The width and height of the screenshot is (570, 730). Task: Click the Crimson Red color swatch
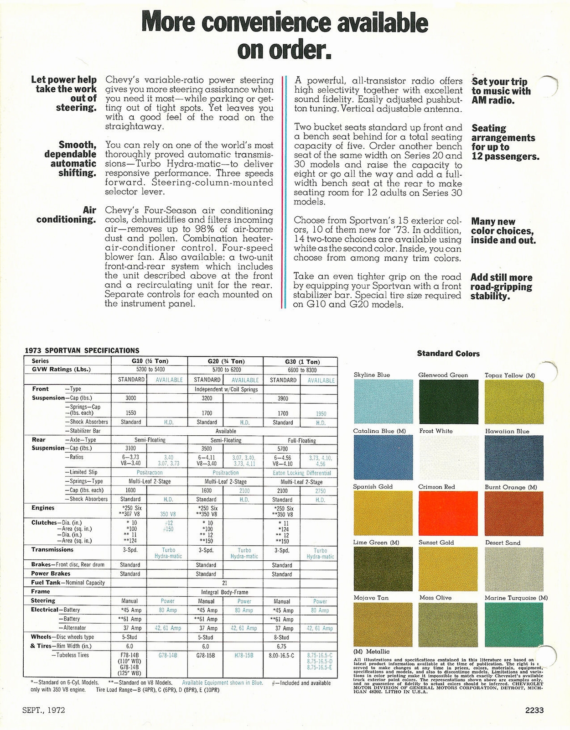[x=449, y=513]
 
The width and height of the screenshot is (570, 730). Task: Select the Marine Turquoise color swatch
[x=514, y=625]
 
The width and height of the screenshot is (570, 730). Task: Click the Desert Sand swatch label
[x=503, y=542]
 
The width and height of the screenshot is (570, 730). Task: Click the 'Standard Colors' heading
[x=448, y=354]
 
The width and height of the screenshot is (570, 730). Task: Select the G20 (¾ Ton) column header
[x=226, y=361]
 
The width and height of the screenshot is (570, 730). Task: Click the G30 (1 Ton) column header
[x=301, y=361]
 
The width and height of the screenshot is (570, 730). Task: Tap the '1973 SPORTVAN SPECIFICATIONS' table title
[x=82, y=350]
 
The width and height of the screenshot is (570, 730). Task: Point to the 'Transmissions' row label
[x=52, y=550]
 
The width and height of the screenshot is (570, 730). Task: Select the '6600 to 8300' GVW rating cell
[x=301, y=370]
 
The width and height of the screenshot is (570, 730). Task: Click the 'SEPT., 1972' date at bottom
[x=44, y=710]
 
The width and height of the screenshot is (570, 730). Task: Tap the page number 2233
[x=534, y=710]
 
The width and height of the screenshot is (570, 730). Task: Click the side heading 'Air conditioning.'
[x=67, y=215]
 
